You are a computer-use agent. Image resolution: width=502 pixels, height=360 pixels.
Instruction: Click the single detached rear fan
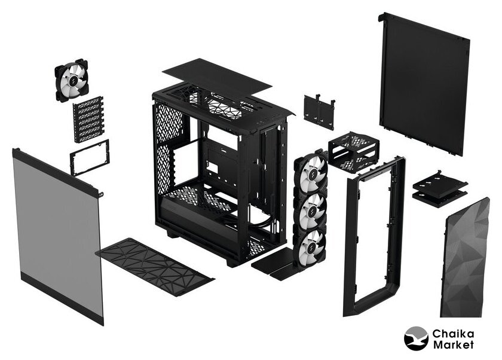click(71, 80)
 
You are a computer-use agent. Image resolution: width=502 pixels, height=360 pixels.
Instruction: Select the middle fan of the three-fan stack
click(310, 209)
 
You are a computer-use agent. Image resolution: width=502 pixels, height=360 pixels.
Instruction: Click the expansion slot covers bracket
click(88, 119)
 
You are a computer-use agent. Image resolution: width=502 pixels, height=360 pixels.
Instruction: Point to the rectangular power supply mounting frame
click(89, 157)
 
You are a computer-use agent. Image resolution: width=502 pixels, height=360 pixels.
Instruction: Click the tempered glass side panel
click(58, 236)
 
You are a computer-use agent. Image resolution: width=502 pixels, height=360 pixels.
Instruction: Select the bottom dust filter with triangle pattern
click(155, 267)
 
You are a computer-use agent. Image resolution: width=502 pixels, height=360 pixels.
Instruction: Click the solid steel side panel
click(424, 84)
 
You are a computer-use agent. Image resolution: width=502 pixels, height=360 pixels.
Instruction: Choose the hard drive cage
click(353, 152)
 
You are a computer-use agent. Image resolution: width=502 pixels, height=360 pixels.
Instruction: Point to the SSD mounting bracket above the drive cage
click(319, 111)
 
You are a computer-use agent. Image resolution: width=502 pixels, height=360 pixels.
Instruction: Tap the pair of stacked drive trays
click(440, 189)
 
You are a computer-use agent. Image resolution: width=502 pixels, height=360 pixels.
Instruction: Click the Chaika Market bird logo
click(416, 338)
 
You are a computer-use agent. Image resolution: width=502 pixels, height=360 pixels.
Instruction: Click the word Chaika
click(453, 334)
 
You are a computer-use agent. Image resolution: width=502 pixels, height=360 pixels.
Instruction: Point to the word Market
click(454, 344)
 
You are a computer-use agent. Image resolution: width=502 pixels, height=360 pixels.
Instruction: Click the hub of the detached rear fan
click(72, 80)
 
